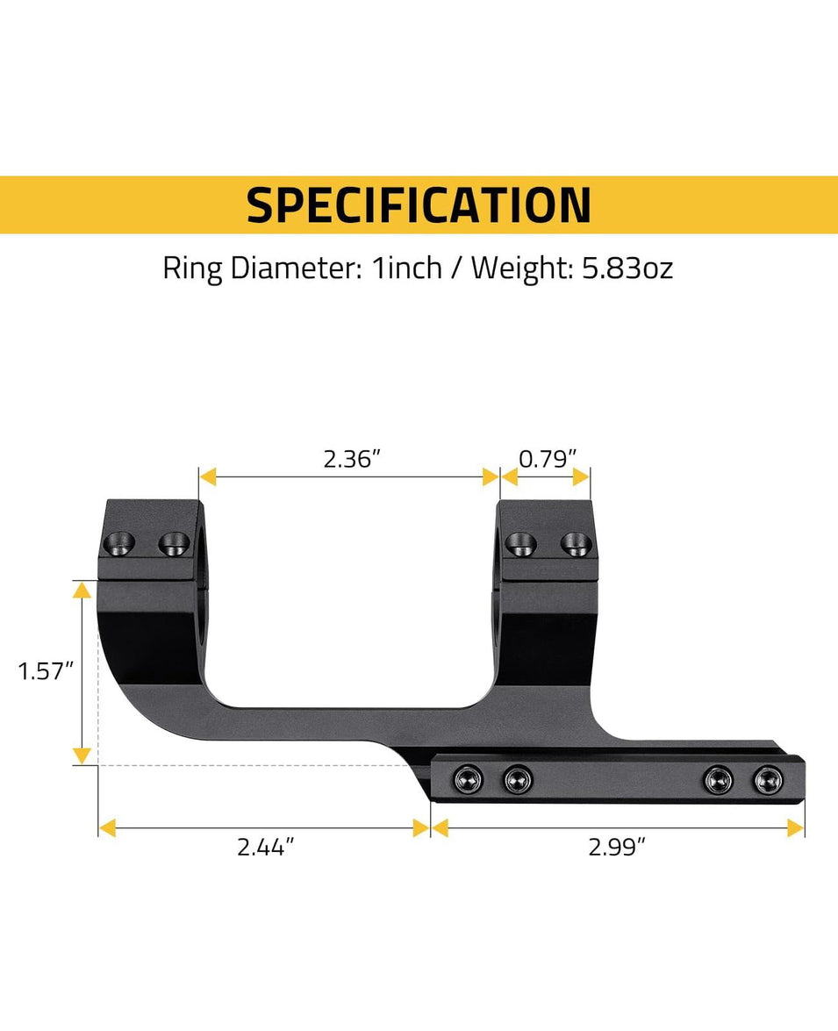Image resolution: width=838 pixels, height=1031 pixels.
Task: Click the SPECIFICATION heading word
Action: (419, 205)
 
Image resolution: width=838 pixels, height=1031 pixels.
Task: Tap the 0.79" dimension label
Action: (548, 458)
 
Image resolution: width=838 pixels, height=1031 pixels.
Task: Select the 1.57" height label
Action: (43, 672)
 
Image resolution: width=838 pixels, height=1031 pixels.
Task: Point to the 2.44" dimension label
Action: (265, 848)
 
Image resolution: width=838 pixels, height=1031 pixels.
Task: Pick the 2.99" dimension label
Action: (617, 848)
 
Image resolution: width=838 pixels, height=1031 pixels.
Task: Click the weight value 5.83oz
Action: (627, 268)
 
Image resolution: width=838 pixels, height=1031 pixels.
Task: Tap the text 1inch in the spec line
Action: (407, 268)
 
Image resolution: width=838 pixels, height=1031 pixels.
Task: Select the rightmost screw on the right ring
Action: (577, 544)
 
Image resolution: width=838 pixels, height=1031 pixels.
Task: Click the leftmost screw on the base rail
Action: (466, 777)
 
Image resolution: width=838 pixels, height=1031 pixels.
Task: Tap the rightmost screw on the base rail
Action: (769, 777)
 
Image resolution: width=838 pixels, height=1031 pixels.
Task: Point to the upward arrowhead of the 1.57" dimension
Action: (82, 589)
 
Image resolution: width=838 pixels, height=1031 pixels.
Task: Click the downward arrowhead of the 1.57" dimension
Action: (82, 755)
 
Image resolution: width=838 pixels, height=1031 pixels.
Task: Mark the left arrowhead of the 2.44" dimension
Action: (107, 827)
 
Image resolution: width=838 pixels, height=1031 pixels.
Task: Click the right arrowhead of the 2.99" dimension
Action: (796, 827)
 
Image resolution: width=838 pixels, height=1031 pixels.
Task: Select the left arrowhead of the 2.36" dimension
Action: (208, 476)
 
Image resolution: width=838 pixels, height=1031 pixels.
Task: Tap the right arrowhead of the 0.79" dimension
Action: (581, 476)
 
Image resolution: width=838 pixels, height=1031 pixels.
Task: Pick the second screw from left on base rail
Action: (518, 777)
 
